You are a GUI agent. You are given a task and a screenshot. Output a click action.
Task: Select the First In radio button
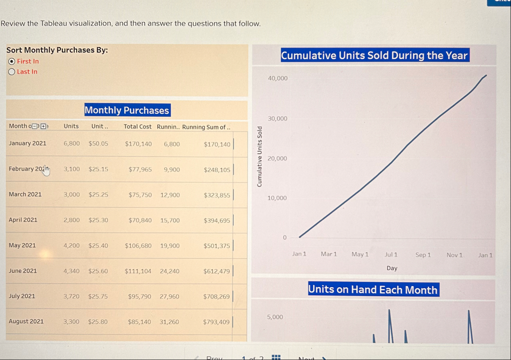12,61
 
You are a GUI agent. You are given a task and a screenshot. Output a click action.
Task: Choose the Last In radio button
12,72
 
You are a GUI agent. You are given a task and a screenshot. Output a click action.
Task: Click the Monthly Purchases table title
127,110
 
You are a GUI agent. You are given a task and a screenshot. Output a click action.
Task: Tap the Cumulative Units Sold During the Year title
375,55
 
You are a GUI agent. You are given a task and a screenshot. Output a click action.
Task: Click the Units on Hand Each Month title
373,290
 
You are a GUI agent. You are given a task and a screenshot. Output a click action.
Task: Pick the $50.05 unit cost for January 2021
98,144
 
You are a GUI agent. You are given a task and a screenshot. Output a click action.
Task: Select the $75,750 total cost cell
140,195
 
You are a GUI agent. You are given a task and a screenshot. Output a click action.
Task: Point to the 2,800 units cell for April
72,220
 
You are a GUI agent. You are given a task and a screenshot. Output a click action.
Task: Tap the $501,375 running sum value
217,246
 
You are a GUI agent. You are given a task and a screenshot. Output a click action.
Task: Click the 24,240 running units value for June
170,271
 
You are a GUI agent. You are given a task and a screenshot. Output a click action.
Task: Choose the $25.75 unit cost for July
98,296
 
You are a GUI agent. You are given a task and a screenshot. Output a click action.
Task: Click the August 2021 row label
26,322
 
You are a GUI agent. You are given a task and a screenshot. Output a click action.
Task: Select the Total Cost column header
138,127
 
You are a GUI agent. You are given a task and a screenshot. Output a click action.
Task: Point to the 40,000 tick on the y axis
277,78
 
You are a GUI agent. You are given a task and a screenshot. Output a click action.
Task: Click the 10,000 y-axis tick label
277,198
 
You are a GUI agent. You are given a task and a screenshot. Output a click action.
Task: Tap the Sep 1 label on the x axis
423,255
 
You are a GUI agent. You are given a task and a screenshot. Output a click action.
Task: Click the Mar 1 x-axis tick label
329,254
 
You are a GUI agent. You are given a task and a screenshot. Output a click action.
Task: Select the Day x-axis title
392,268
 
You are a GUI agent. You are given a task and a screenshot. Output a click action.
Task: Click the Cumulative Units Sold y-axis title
259,156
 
